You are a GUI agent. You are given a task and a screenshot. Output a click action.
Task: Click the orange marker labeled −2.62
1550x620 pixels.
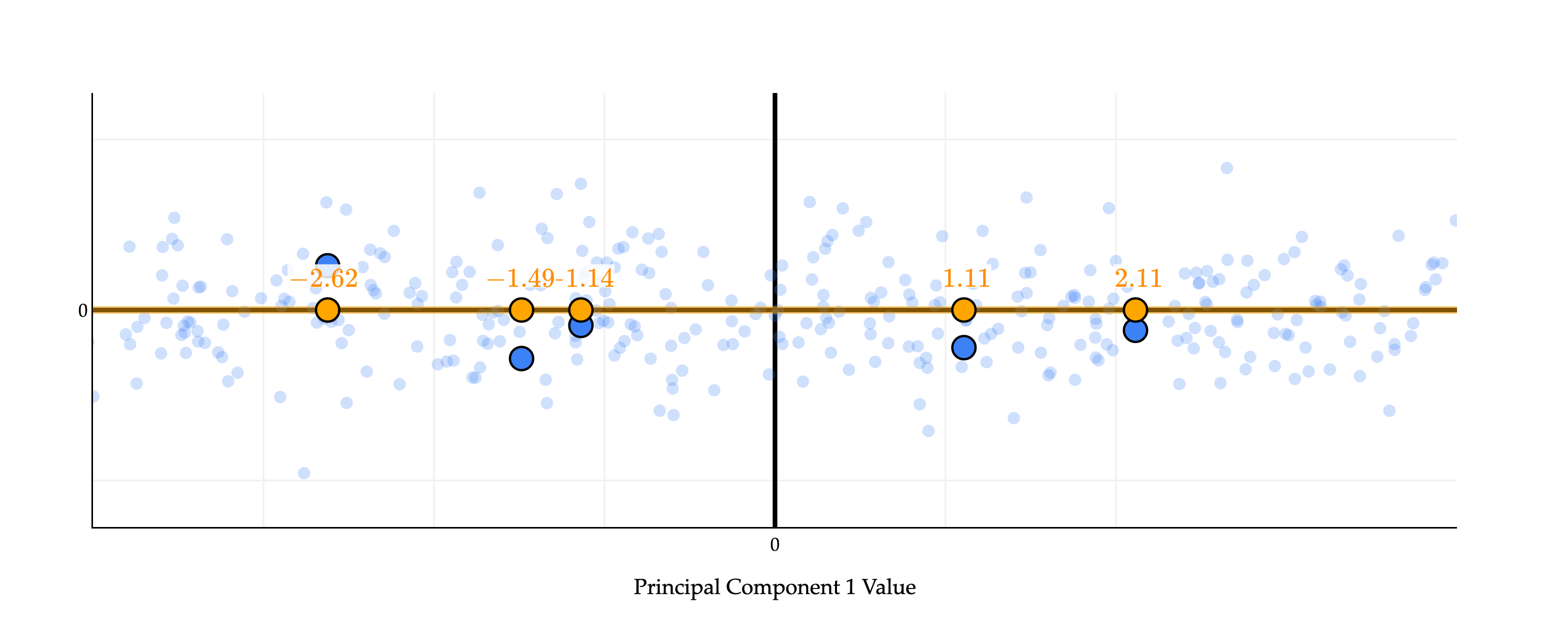click(x=328, y=310)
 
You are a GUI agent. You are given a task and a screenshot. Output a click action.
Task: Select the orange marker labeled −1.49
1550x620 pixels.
click(x=521, y=310)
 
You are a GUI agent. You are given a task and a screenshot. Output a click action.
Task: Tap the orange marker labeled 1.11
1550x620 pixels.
click(x=964, y=310)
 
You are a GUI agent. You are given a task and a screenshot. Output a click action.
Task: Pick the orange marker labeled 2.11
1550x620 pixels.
click(x=1135, y=310)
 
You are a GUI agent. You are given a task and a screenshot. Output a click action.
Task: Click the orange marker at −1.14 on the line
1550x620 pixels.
click(x=580, y=310)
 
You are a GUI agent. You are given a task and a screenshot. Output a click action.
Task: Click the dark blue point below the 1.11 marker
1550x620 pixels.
click(x=964, y=347)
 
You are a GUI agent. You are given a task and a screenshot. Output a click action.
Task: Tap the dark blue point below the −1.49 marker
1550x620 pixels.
click(x=521, y=359)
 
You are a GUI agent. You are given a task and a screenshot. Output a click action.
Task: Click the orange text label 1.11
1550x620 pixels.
click(x=966, y=278)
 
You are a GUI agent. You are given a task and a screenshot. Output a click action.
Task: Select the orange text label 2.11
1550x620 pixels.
click(x=1138, y=278)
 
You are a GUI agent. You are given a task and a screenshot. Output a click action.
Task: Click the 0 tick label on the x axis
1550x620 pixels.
click(x=774, y=545)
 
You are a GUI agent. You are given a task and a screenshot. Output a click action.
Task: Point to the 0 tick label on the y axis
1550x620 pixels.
click(x=83, y=311)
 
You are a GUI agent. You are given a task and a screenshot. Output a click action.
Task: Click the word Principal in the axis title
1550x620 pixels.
click(x=676, y=587)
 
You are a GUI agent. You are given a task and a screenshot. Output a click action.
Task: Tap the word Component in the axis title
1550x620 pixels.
click(x=783, y=587)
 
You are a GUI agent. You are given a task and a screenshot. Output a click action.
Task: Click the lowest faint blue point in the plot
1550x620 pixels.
click(x=304, y=473)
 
